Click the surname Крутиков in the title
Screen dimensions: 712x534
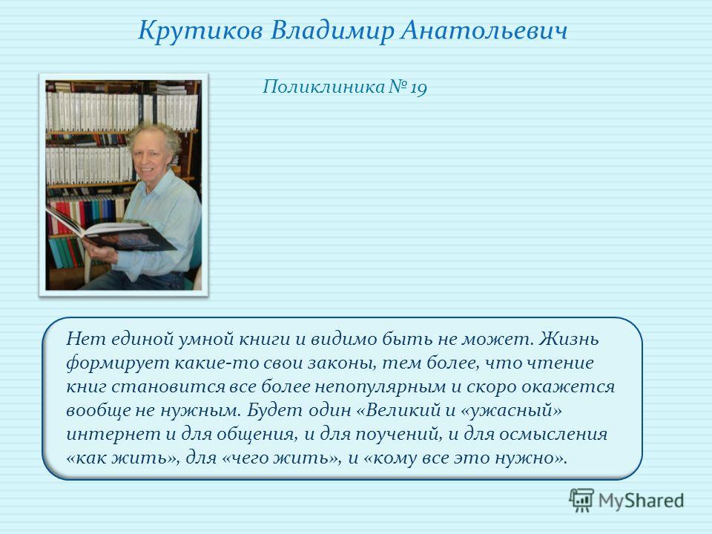click(x=200, y=31)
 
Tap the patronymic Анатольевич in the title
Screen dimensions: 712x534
click(x=484, y=31)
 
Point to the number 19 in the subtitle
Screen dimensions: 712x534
click(x=418, y=88)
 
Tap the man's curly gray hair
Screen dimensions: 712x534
click(x=155, y=135)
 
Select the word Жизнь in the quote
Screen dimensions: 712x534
click(x=569, y=339)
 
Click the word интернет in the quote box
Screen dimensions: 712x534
click(x=113, y=434)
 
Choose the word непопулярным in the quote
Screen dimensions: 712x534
click(x=380, y=387)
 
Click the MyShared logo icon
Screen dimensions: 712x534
click(x=581, y=500)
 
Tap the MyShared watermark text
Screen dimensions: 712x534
click(x=641, y=501)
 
